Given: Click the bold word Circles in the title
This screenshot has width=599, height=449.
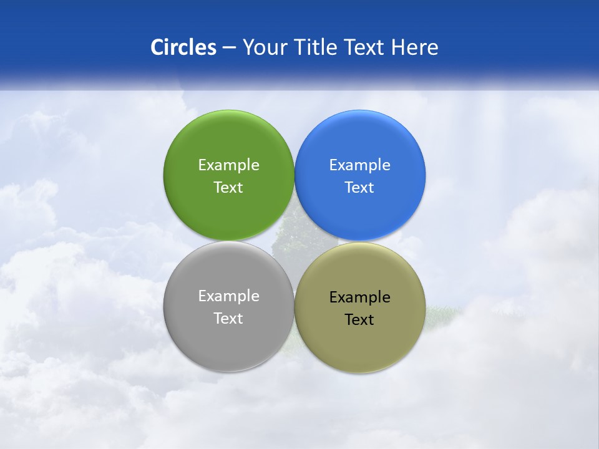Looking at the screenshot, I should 183,47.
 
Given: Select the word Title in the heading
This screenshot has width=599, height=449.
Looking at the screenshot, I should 316,47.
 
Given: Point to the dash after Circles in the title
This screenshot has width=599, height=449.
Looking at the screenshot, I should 229,48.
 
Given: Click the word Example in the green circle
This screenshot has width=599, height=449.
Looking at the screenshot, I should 228,165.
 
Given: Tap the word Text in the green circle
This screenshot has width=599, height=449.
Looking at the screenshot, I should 228,187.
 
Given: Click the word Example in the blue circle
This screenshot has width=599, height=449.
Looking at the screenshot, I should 359,165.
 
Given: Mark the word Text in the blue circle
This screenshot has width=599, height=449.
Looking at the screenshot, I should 359,187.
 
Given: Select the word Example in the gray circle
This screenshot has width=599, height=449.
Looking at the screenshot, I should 228,296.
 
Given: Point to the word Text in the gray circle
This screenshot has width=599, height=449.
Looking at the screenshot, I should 228,318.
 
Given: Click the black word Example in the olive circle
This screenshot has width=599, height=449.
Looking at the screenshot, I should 359,297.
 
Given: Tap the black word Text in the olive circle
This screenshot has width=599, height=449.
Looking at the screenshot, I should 359,319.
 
